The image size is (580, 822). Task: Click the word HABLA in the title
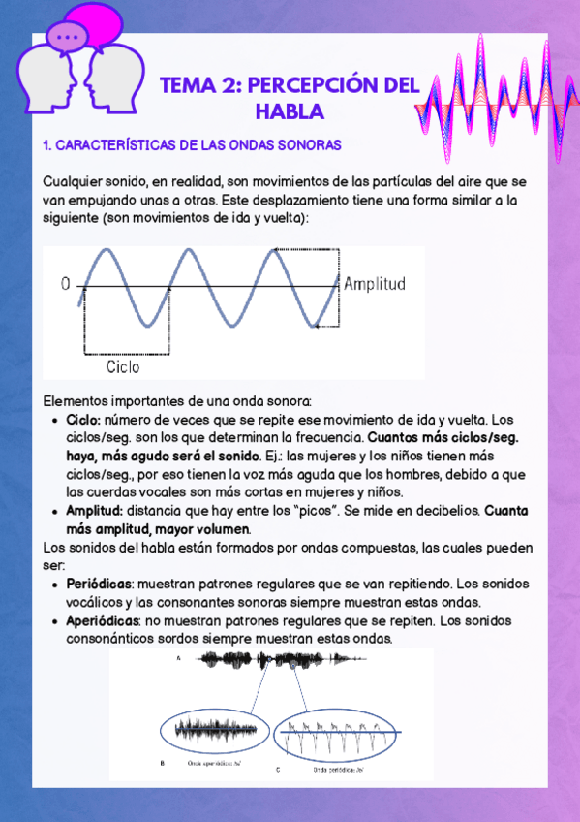[x=289, y=112]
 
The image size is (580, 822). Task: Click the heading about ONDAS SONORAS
[x=193, y=145]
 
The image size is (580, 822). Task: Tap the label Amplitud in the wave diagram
[x=374, y=284]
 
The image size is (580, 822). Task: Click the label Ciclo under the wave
[x=123, y=367]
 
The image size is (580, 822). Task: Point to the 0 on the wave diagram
[x=66, y=284]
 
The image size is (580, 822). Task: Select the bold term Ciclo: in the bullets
[x=83, y=421]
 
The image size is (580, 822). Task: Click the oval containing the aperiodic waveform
[x=210, y=730]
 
